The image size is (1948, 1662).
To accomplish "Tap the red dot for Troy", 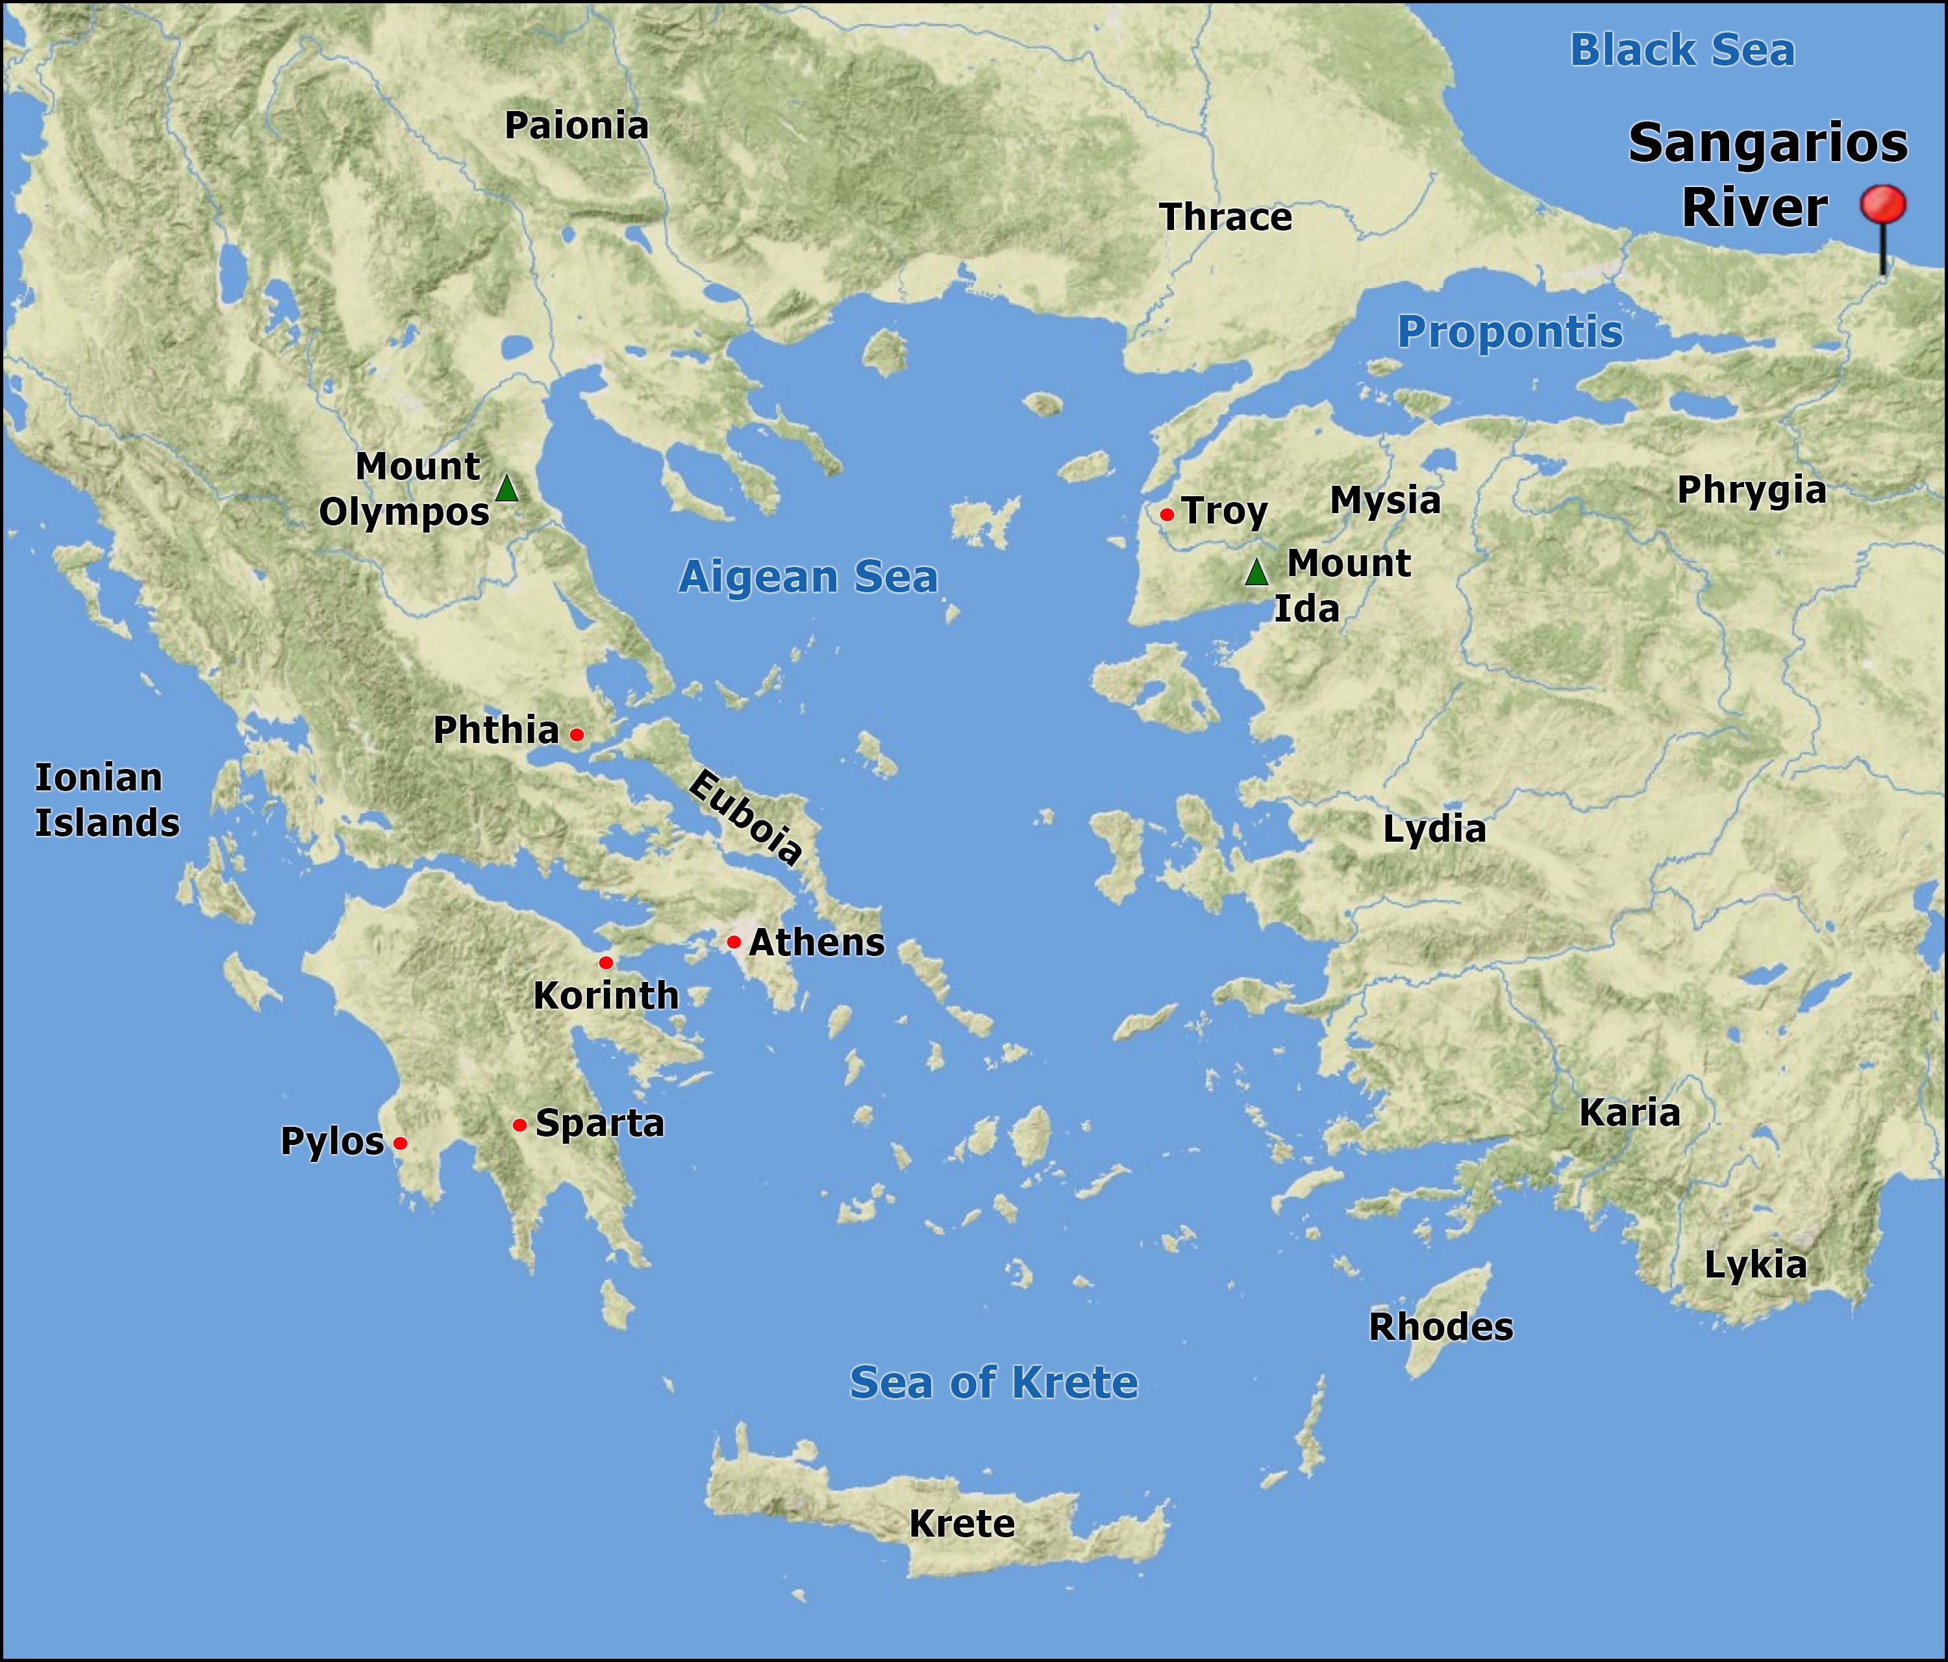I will point(1167,514).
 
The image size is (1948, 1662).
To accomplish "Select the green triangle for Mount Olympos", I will point(506,489).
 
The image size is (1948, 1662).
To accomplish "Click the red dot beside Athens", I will point(733,942).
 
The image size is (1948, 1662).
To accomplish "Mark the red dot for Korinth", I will point(605,963).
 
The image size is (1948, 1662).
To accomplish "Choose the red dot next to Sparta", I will point(519,1125).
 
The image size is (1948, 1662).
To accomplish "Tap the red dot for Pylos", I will point(399,1143).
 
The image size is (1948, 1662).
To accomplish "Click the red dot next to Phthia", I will point(577,734).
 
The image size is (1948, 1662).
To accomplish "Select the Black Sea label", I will point(1682,50).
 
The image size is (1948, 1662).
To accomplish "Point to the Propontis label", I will point(1510,332).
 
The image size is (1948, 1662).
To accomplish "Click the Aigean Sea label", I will point(808,577).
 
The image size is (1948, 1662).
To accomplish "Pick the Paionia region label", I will point(577,125).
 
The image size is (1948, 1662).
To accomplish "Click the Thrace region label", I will point(1225,218).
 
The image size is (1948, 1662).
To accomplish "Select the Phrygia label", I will point(1751,490).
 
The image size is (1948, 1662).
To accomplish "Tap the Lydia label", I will point(1434,829).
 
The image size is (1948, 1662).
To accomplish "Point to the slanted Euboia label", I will point(745,816).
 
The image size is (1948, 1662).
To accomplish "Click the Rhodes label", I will point(1440,1327).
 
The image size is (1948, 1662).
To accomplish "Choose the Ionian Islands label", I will point(106,800).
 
